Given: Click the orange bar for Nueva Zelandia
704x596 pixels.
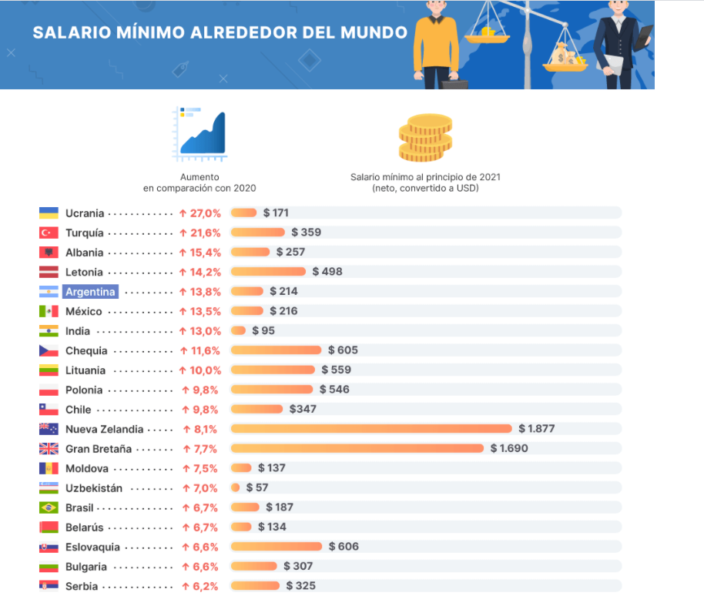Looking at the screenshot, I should tap(371, 429).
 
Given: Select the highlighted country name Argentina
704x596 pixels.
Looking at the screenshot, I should tap(91, 292).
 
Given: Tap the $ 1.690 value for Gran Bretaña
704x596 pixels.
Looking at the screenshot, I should tap(509, 448).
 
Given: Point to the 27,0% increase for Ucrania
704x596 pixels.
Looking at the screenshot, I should tap(200, 213).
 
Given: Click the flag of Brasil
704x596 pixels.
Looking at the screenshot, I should tap(49, 508).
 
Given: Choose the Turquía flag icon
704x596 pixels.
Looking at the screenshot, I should tap(49, 233).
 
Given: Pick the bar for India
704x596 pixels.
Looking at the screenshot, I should tap(238, 331).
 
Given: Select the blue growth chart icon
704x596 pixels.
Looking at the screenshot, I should tap(199, 134).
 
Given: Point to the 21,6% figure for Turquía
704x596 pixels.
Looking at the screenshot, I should tap(200, 233).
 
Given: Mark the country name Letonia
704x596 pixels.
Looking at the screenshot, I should tap(84, 272).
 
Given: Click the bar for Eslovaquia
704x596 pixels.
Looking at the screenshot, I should tap(277, 547).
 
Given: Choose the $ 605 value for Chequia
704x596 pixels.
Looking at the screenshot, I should tap(343, 350).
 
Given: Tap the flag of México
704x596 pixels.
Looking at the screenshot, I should tap(49, 311).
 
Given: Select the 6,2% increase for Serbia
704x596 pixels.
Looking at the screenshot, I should tap(200, 586).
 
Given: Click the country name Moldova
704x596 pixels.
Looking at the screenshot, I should tap(86, 468).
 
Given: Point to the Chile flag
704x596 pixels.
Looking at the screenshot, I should tap(49, 410).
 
